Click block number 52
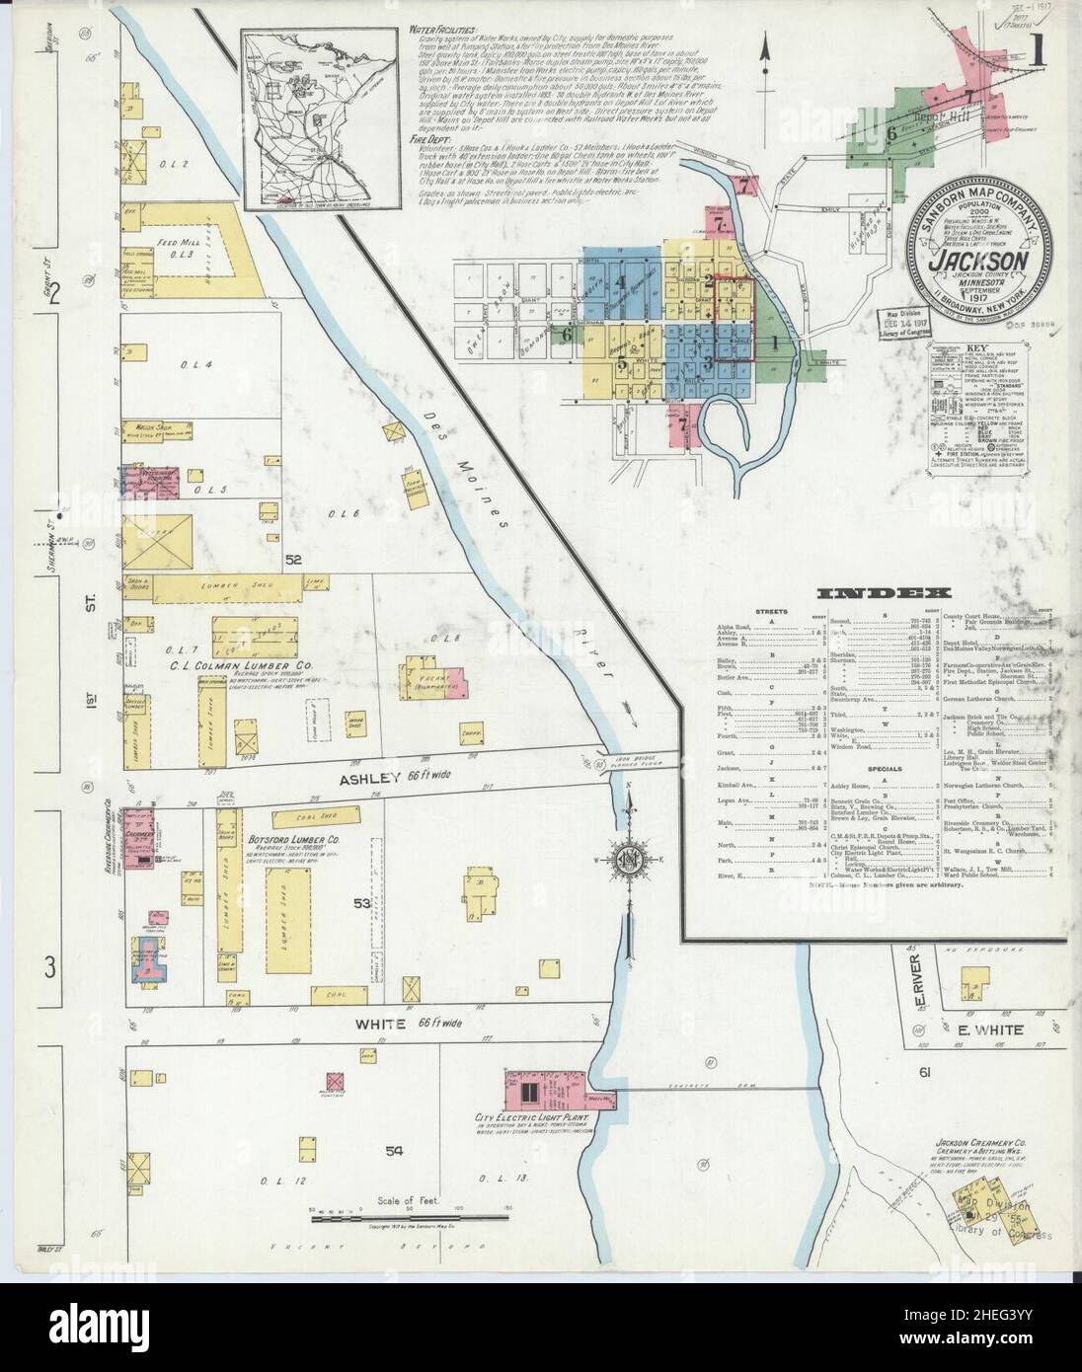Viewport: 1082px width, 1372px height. click(x=292, y=560)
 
